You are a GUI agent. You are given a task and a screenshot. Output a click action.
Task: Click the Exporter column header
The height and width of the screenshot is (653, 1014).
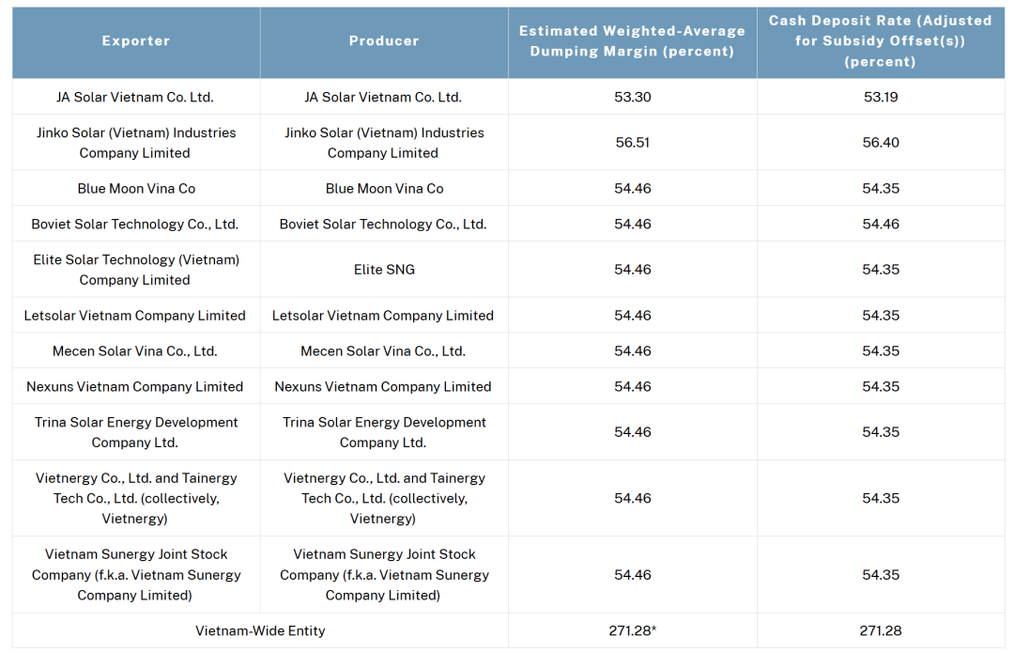(x=136, y=41)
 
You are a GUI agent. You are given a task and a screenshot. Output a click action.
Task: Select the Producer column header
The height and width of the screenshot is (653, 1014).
(x=384, y=41)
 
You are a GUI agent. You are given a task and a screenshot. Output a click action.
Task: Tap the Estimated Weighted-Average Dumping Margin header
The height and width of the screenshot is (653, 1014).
(x=632, y=41)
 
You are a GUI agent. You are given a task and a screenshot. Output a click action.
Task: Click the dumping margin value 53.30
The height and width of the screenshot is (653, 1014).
(x=632, y=97)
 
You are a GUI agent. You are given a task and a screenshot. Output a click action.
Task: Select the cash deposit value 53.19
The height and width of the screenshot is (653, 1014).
(x=880, y=97)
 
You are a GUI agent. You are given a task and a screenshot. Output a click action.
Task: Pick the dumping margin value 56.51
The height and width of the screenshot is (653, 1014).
(x=632, y=143)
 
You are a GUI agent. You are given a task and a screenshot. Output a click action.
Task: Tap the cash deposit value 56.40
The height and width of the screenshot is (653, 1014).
(x=880, y=143)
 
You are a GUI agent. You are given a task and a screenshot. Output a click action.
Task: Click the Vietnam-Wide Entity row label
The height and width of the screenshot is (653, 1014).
(x=260, y=630)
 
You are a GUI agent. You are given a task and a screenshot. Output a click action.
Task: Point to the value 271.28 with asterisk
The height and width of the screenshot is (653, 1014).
(x=632, y=630)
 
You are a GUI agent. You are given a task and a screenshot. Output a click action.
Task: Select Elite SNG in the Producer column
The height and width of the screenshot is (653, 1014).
(x=384, y=270)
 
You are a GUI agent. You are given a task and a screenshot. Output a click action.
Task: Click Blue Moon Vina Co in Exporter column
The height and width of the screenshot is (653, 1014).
(x=136, y=189)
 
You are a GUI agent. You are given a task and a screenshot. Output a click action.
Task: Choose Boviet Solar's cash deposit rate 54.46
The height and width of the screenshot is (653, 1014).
(x=880, y=225)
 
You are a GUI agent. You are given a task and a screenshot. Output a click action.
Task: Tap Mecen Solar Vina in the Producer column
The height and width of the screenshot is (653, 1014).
(x=383, y=351)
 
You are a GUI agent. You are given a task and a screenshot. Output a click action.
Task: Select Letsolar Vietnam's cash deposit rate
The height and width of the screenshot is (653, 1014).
(x=880, y=316)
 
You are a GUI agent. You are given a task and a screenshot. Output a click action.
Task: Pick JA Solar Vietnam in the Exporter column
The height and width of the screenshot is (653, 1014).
(x=135, y=97)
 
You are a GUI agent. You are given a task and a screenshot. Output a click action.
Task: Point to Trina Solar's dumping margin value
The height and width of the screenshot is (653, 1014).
(x=632, y=432)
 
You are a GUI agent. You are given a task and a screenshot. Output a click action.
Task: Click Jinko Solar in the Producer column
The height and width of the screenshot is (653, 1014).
(x=384, y=143)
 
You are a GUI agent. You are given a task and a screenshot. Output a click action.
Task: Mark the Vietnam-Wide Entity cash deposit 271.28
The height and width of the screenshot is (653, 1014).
(x=880, y=630)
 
